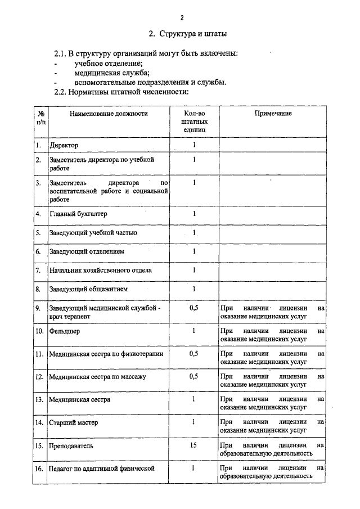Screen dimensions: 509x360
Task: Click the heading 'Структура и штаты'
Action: tap(188, 34)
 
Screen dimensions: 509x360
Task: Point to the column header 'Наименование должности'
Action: tap(109, 114)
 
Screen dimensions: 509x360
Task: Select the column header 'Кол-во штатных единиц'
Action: tap(194, 121)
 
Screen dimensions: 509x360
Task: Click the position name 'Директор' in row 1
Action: tap(64, 146)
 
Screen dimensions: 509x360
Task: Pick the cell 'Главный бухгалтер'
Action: tap(78, 214)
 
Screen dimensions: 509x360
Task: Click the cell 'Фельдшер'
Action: tap(65, 331)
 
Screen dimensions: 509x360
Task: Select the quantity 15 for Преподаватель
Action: tap(194, 445)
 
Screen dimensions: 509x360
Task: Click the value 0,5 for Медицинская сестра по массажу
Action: tap(194, 376)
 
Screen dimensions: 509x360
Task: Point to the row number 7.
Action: tap(38, 271)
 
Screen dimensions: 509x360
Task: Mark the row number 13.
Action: tap(39, 400)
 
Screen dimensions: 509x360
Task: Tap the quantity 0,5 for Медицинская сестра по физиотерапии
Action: tap(194, 354)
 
